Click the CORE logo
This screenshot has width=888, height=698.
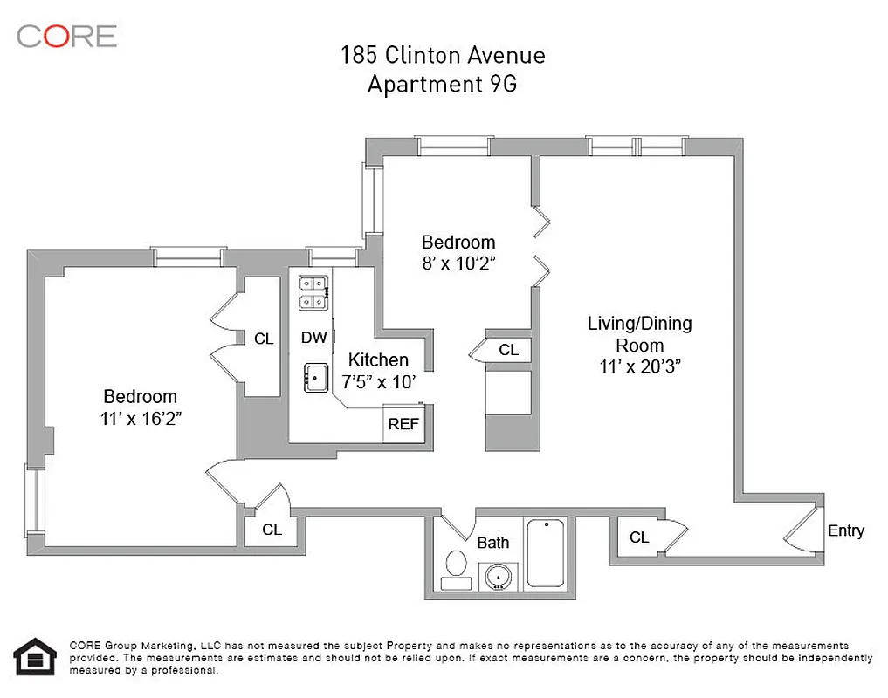tap(66, 36)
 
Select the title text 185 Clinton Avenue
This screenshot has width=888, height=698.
tap(443, 56)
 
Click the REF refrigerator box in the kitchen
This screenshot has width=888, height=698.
tap(403, 425)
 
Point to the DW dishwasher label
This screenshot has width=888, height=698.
tap(313, 338)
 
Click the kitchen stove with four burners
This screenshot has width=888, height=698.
tap(313, 292)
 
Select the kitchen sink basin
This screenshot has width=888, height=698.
tap(314, 378)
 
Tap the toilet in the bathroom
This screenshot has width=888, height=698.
tap(455, 565)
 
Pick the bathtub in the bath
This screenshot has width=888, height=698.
tap(547, 553)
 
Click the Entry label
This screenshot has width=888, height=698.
tap(845, 530)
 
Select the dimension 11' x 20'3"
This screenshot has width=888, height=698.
tap(640, 367)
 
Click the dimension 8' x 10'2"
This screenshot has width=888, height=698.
tap(458, 263)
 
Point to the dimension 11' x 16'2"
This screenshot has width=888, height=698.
tap(141, 418)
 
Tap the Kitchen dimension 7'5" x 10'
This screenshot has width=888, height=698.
tap(378, 381)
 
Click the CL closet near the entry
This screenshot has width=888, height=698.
tap(639, 537)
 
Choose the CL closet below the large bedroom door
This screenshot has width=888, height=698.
tap(272, 530)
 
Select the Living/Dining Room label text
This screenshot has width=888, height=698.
tap(639, 333)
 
